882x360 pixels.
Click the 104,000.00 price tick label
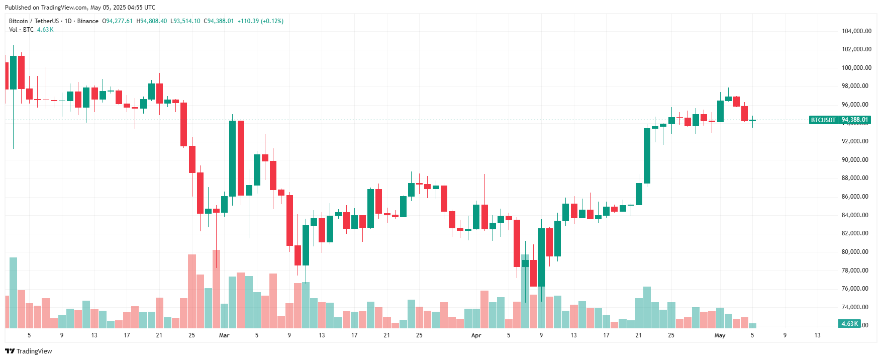tap(856, 31)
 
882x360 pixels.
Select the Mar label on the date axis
tap(224, 335)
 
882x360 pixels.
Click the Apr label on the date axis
tap(476, 335)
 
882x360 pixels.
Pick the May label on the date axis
tap(720, 335)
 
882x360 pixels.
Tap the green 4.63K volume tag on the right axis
tap(849, 324)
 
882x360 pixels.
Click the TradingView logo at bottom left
tap(29, 351)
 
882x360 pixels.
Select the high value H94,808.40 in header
tap(152, 21)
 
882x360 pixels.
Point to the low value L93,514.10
tap(185, 21)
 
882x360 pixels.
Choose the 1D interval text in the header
tap(68, 21)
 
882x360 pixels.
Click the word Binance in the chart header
tap(88, 21)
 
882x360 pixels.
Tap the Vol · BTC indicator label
tap(21, 30)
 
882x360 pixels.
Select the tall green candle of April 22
tap(647, 156)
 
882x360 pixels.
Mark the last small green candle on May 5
tap(752, 120)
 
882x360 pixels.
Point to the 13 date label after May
tap(817, 335)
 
